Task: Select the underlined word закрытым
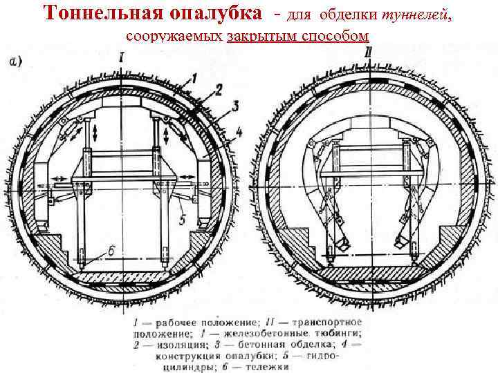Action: [x=261, y=36]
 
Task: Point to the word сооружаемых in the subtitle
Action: [x=176, y=36]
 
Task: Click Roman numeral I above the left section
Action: [x=122, y=59]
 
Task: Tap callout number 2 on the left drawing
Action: [x=218, y=90]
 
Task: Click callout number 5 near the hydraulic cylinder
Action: [x=181, y=220]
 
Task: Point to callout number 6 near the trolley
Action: [x=111, y=251]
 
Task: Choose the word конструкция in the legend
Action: [x=181, y=355]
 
